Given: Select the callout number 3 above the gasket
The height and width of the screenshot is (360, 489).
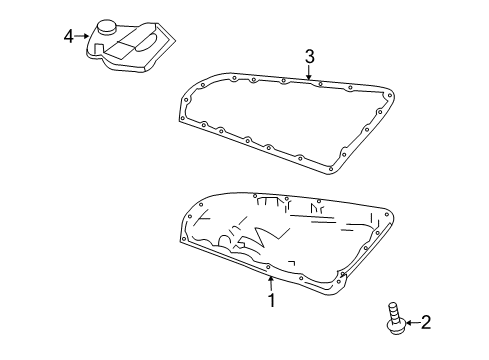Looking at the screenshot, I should tap(310, 55).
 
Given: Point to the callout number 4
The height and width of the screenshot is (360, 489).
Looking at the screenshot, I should tap(69, 37).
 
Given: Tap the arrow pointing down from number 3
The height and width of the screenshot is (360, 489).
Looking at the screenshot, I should tap(310, 72).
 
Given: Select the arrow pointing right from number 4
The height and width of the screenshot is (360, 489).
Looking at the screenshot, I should tap(83, 37).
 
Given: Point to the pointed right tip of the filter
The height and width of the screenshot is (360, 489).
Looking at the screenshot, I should tap(180, 42).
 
